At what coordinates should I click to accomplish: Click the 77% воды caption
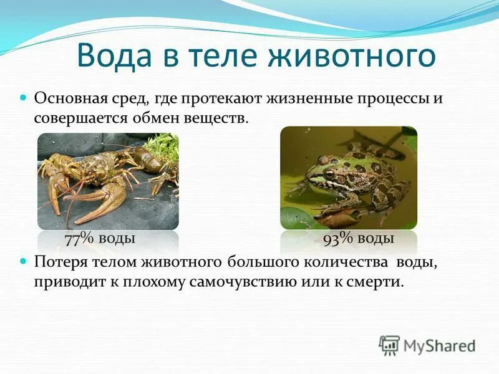coord(100,238)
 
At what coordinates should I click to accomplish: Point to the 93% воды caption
coord(358,238)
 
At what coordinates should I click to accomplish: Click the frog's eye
coord(330,175)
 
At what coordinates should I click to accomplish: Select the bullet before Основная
coord(24,98)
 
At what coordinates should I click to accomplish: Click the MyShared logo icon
coord(389,344)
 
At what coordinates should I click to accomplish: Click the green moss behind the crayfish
coord(163,150)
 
